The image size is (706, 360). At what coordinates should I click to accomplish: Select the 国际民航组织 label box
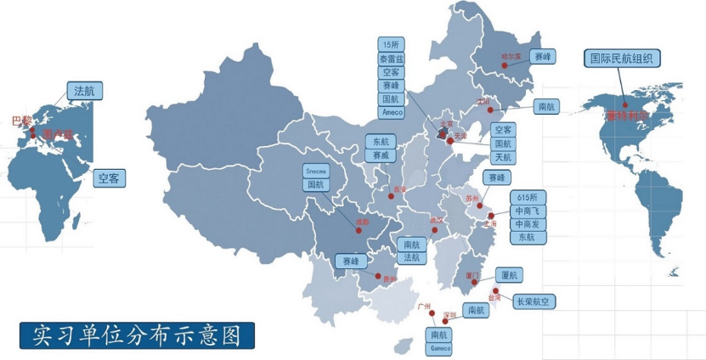point(624,58)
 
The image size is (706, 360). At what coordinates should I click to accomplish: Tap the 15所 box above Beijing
point(392,45)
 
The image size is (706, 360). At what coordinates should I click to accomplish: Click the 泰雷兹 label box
point(392,59)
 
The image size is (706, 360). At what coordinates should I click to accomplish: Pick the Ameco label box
point(392,112)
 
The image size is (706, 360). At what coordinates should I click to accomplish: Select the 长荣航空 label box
point(535,301)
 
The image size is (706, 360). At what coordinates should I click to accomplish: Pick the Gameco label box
point(439,348)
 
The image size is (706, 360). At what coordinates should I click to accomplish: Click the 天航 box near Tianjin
point(503,157)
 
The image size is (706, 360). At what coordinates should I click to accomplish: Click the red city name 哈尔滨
point(511,57)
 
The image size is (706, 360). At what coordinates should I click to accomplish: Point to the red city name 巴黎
point(20,121)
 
